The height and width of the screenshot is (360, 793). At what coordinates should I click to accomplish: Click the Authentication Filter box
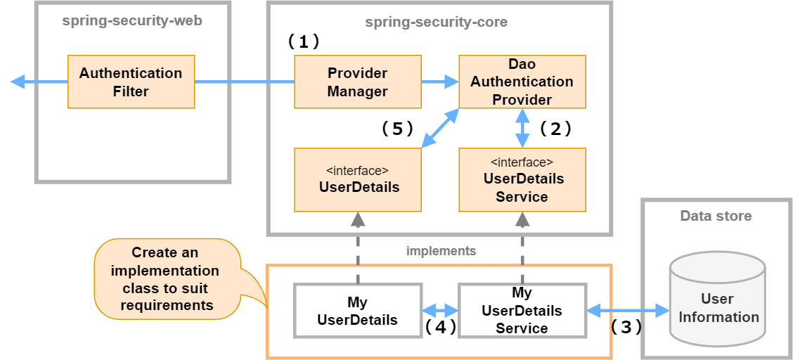[x=131, y=82]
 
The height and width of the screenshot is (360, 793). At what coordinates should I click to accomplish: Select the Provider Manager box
[x=357, y=82]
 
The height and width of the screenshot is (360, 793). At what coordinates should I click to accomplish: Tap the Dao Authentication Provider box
[x=522, y=82]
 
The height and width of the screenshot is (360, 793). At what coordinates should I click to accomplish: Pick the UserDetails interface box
[x=357, y=180]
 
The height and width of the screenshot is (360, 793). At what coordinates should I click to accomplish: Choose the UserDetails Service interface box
[x=522, y=180]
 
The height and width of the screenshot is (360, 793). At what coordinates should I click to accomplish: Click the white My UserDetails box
[x=357, y=311]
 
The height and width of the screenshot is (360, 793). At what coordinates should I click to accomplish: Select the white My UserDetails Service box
[x=522, y=311]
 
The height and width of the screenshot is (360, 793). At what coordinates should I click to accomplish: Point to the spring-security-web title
[x=132, y=20]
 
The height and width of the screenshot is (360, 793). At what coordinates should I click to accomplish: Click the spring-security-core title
[x=436, y=22]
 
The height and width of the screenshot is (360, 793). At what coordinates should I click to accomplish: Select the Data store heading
[x=716, y=216]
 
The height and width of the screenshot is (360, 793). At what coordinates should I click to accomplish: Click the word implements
[x=441, y=250]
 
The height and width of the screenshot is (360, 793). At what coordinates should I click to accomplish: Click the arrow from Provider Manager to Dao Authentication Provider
[x=440, y=82]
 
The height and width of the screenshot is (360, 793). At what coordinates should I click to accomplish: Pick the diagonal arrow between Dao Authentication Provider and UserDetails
[x=440, y=129]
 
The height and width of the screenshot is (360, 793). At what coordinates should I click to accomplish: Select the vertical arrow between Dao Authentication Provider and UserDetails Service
[x=522, y=129]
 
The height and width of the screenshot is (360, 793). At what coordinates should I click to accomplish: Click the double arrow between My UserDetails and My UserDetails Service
[x=440, y=311]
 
